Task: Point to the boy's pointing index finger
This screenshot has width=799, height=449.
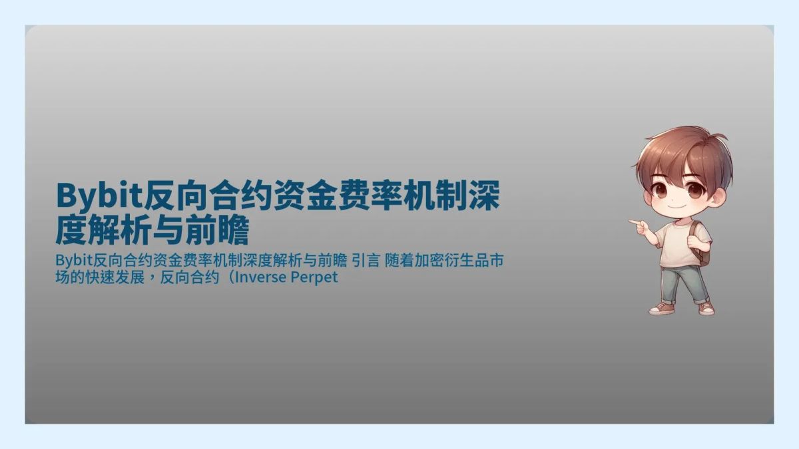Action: pos(632,222)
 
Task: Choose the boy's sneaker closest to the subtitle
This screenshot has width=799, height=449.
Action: pos(659,309)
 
